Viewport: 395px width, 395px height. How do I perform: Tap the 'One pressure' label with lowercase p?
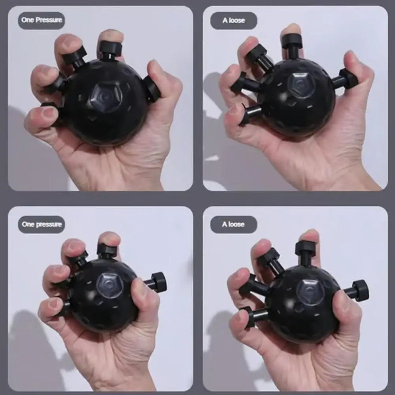click(41, 224)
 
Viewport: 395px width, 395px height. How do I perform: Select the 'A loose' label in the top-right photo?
click(233, 21)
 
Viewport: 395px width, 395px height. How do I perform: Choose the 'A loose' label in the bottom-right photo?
click(233, 224)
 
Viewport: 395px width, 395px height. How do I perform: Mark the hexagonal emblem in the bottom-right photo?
click(310, 292)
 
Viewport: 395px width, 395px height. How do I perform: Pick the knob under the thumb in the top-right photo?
click(348, 79)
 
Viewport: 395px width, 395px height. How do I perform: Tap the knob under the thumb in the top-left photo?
click(152, 88)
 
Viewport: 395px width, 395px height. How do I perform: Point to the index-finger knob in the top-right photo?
click(292, 42)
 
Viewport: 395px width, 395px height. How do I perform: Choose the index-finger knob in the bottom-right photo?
click(305, 248)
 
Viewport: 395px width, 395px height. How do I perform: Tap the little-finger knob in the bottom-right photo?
click(248, 316)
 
